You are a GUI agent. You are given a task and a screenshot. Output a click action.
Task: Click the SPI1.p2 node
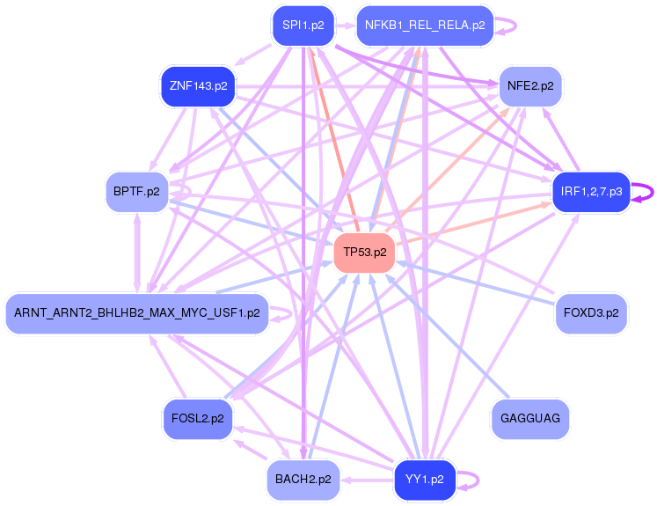point(298,26)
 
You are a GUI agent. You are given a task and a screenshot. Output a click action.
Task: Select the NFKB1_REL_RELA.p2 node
point(425,26)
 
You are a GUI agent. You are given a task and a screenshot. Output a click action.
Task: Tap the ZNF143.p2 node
point(198,86)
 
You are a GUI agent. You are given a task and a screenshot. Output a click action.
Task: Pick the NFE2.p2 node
point(530,86)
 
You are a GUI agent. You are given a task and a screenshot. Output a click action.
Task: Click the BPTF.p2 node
point(136,191)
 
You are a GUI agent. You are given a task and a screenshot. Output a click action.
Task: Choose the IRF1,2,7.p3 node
point(591,191)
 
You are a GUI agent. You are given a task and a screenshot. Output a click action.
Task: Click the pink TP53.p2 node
point(365,252)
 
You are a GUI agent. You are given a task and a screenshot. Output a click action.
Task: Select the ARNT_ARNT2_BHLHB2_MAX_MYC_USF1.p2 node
point(137,312)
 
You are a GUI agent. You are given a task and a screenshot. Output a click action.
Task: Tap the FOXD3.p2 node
point(591,312)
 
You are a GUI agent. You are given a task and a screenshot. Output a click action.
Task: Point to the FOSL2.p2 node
point(198,418)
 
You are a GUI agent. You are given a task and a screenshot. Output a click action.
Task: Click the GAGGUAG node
point(530,418)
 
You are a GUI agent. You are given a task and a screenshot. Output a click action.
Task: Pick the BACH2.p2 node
point(303,480)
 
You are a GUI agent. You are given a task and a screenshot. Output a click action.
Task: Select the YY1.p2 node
point(425,480)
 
